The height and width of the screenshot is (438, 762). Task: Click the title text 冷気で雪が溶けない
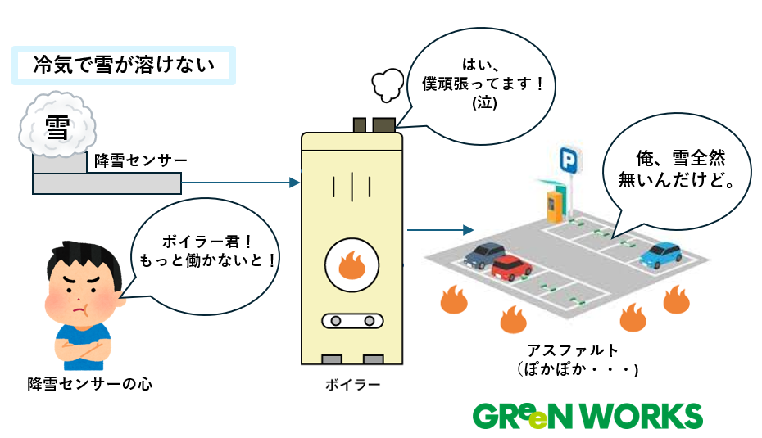(x=124, y=65)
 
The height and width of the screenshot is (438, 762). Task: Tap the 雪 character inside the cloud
(x=57, y=129)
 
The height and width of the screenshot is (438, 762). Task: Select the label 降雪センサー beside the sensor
(x=140, y=160)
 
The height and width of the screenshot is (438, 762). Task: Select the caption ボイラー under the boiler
(x=352, y=383)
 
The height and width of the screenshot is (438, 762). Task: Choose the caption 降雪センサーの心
(x=90, y=382)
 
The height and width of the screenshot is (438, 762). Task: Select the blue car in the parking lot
(x=661, y=255)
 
